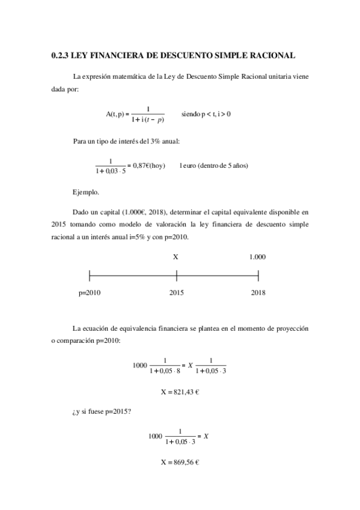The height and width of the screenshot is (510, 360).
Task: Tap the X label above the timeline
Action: point(176,257)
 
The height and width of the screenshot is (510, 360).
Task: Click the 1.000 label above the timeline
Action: point(257,257)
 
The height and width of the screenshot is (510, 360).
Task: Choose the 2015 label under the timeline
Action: point(176,293)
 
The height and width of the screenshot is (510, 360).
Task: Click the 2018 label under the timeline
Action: point(258,293)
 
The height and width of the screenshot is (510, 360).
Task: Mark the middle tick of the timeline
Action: point(177,275)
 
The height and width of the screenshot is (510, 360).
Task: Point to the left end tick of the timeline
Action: point(90,275)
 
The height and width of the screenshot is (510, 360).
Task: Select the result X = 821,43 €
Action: point(180,392)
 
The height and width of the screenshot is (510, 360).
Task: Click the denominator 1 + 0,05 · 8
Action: point(164,370)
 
